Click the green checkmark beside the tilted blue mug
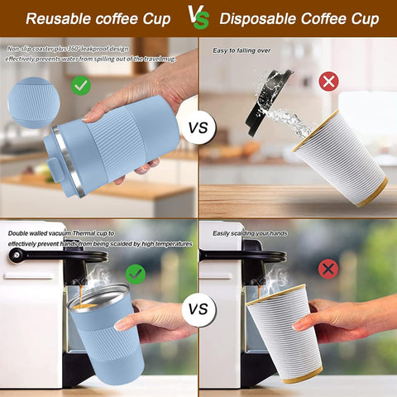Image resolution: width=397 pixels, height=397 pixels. click(x=81, y=84)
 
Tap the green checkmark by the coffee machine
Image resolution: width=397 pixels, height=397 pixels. click(x=135, y=274)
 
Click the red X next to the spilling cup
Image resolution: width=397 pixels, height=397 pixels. click(x=328, y=81)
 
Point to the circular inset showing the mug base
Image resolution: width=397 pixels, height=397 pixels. click(x=34, y=103)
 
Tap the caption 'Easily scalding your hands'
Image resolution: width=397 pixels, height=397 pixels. click(x=250, y=233)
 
